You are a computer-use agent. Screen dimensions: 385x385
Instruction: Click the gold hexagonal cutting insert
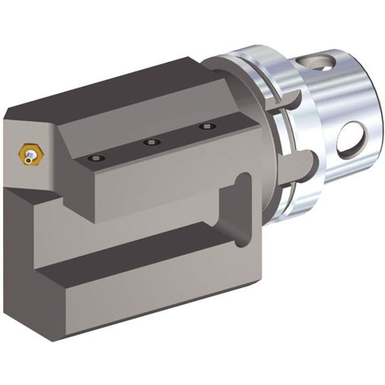pyautogui.click(x=28, y=153)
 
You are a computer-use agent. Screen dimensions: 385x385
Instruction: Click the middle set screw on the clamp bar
pyautogui.click(x=151, y=142)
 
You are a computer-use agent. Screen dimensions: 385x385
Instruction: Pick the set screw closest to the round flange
pyautogui.click(x=207, y=127)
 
